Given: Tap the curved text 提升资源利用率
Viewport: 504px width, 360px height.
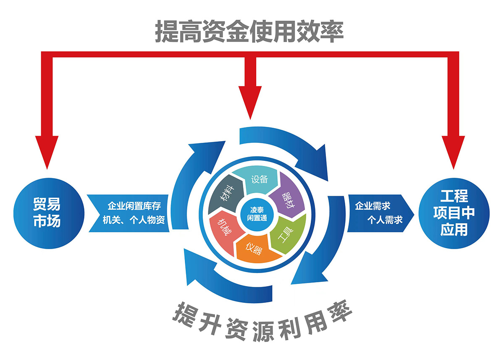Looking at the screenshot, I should tap(260, 324).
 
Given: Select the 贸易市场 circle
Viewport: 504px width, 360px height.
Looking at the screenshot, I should tap(46, 213).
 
